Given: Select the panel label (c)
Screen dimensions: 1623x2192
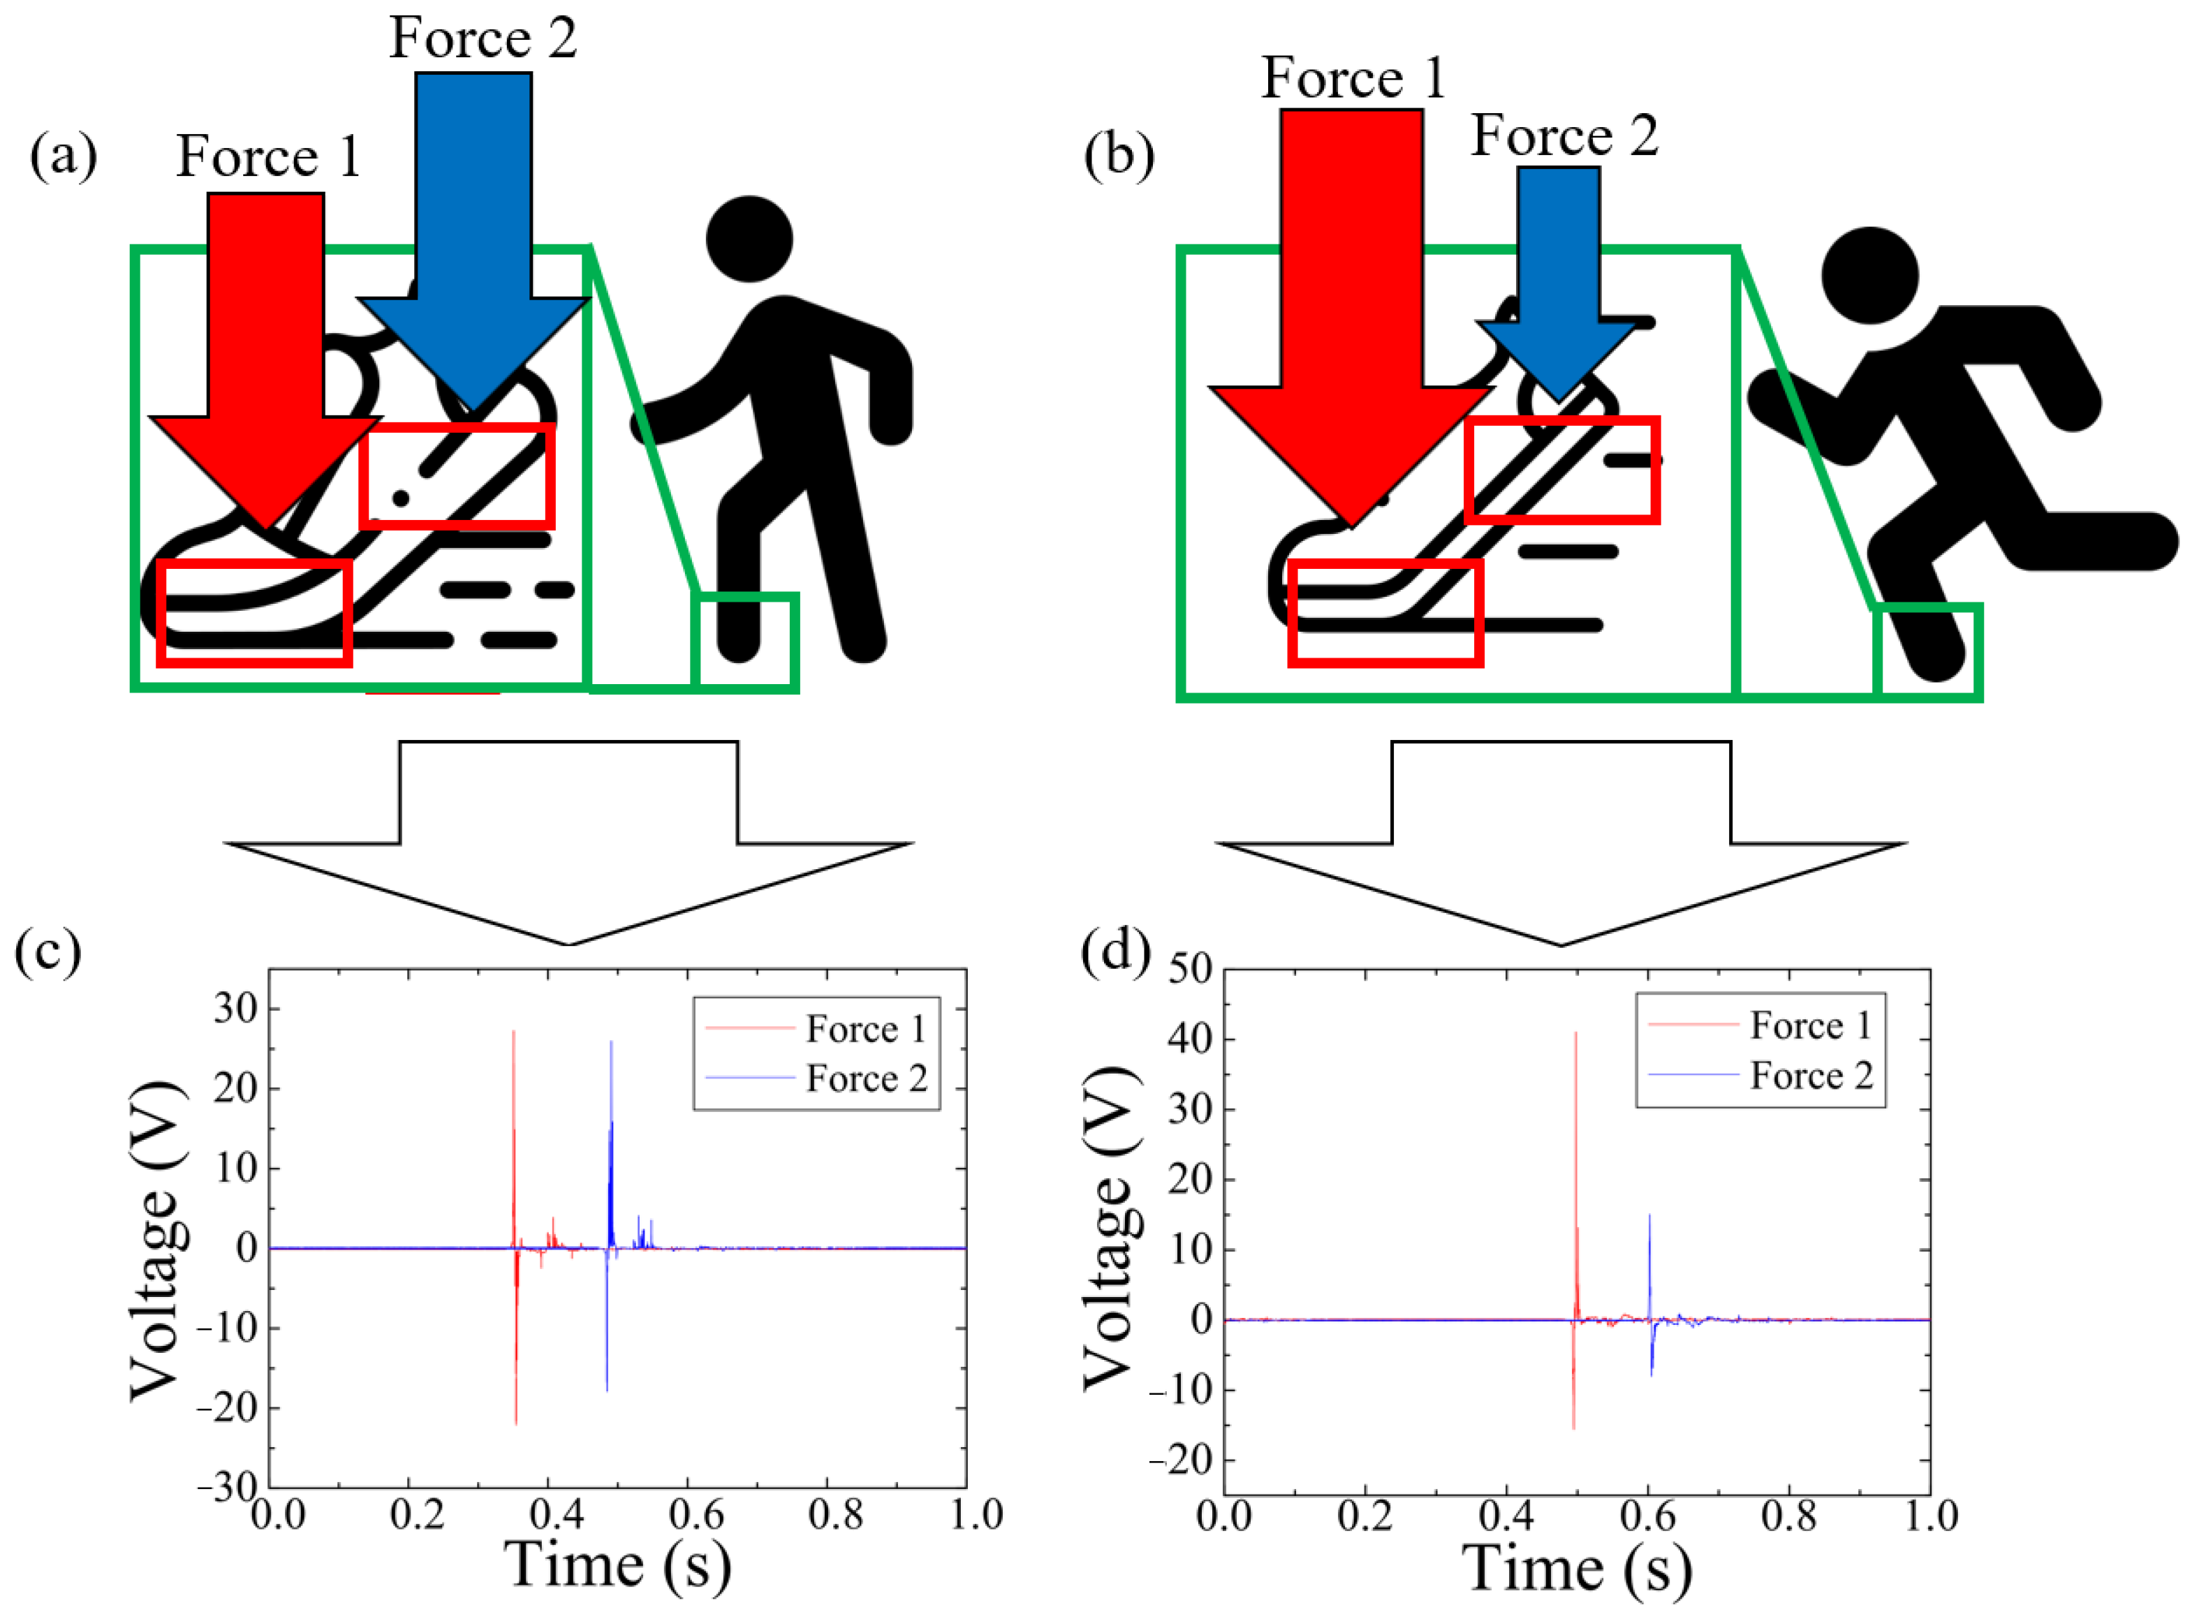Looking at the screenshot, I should point(47,951).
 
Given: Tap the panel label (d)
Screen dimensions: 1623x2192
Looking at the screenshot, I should point(1115,951).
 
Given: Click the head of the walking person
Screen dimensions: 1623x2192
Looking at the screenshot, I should point(750,239).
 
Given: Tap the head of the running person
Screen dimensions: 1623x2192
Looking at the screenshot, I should point(1870,275).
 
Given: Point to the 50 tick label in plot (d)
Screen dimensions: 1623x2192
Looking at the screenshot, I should point(1190,970).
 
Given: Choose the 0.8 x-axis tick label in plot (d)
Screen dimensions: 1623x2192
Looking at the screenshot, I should point(1788,1517).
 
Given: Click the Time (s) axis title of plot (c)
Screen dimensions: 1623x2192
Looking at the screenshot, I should point(618,1565).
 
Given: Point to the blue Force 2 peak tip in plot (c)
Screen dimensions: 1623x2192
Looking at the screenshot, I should point(611,1042).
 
